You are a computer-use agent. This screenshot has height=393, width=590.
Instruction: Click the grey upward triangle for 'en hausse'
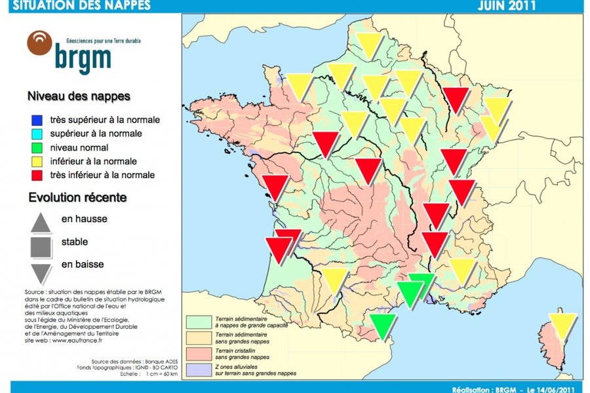pos(41,222)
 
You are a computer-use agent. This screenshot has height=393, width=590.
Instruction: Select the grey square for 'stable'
pos(41,246)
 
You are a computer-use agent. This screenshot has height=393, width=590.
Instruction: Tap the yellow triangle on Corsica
pos(562,325)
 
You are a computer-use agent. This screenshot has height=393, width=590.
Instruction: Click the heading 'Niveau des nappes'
pos(79,96)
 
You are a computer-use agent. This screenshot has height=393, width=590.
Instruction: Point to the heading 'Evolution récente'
pos(77,197)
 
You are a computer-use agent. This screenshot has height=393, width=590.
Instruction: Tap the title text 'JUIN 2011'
pos(506,6)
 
